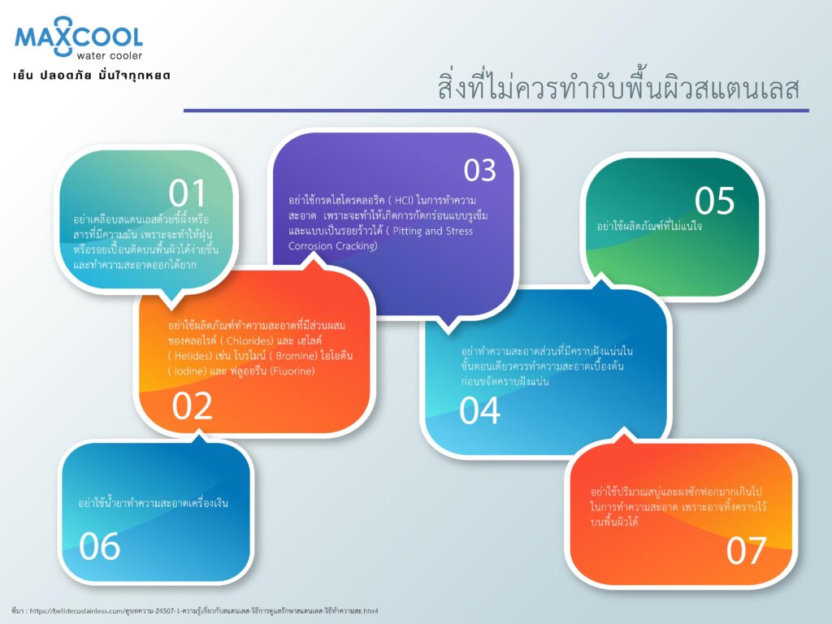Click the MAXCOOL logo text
(79, 37)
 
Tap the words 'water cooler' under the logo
(110, 55)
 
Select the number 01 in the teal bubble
(188, 194)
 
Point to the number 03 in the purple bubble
(479, 170)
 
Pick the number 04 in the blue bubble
(479, 410)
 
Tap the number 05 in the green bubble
(714, 201)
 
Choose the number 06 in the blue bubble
(100, 546)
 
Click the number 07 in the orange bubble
(746, 550)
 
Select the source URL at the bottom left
(195, 609)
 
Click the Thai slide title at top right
(618, 88)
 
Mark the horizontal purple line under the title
(496, 110)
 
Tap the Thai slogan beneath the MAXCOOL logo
(92, 76)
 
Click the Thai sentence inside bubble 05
(649, 226)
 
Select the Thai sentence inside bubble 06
(153, 503)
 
